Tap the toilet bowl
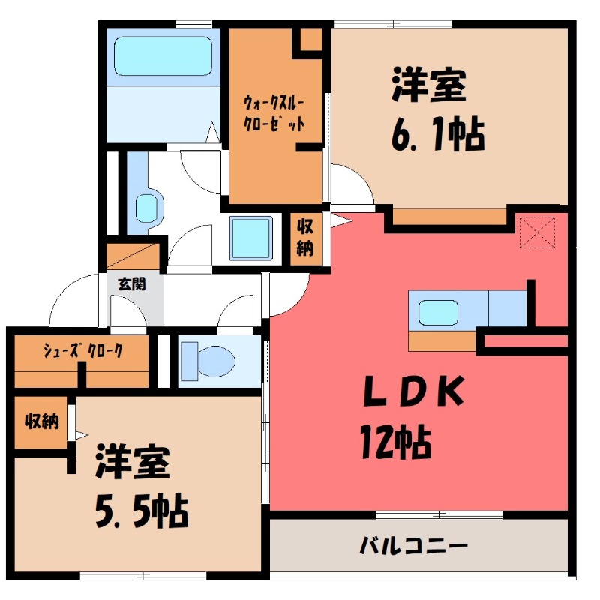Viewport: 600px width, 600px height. [x=211, y=359]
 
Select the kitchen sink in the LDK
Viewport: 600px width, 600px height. [x=437, y=310]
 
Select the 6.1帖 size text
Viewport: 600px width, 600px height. [x=435, y=135]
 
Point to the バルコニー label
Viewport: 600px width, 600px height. [x=413, y=544]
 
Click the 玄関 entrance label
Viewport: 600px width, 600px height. [x=131, y=284]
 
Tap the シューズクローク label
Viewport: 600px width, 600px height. [x=82, y=349]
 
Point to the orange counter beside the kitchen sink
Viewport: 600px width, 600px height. [x=442, y=340]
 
